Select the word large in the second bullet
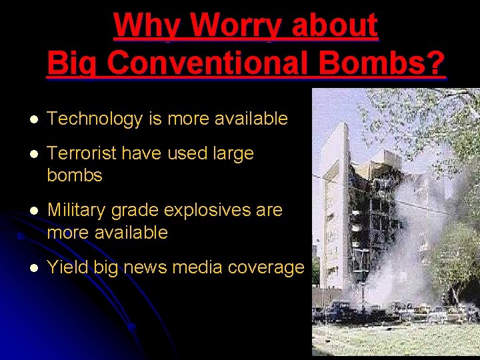click(233, 153)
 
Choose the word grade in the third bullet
click(136, 211)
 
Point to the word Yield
click(68, 267)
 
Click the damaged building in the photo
click(360, 193)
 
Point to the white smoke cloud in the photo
click(413, 247)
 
